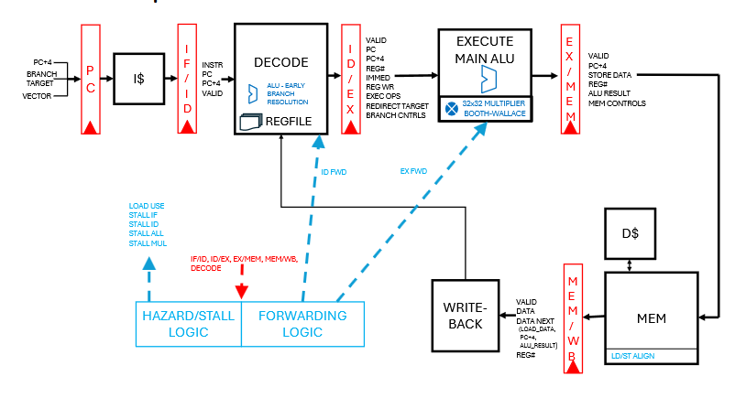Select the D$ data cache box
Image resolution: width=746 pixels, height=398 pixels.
click(x=630, y=233)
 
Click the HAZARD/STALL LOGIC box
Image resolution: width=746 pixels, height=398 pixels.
click(x=188, y=323)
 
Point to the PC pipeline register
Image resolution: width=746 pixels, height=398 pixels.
click(x=90, y=79)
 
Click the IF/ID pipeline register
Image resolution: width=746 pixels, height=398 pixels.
click(x=186, y=79)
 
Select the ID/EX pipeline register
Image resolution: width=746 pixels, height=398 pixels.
click(x=349, y=79)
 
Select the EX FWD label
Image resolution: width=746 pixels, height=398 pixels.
click(x=414, y=170)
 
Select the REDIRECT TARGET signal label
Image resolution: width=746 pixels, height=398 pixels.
click(x=396, y=106)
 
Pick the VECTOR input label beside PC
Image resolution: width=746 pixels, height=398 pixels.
click(x=37, y=94)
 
